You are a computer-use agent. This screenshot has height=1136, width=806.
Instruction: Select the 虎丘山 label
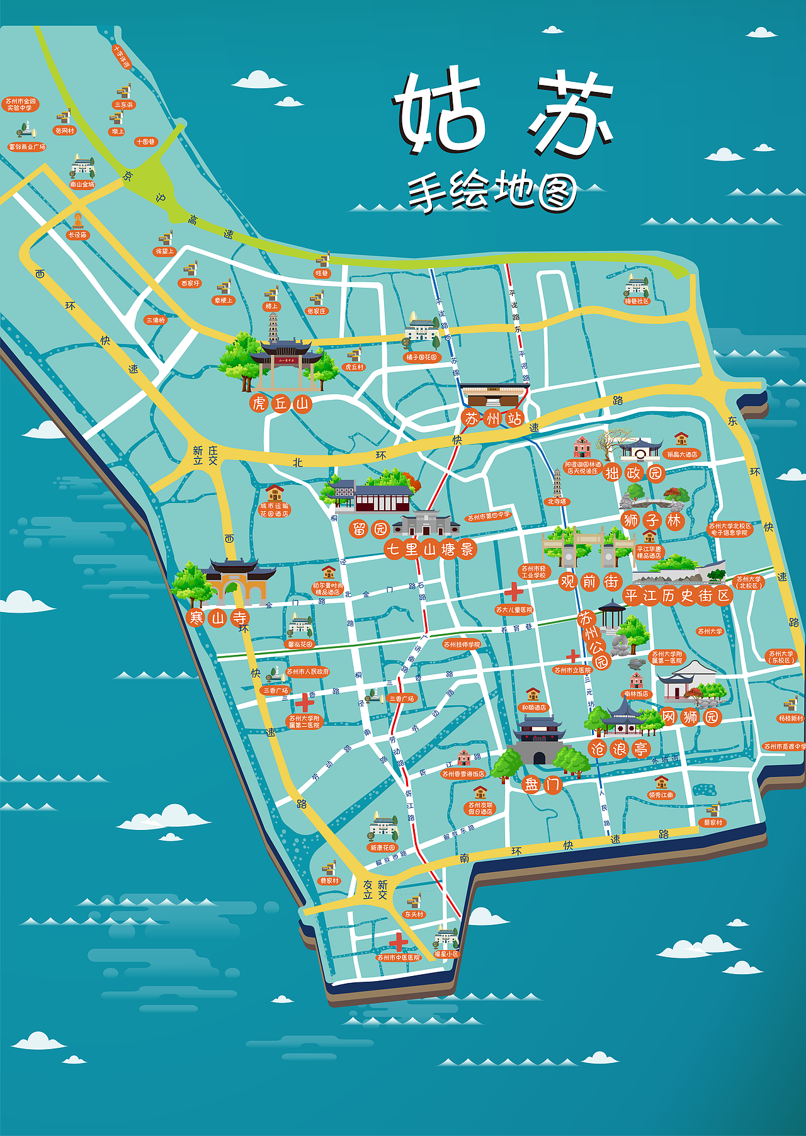pyautogui.click(x=280, y=403)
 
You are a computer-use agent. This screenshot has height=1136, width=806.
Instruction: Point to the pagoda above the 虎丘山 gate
pyautogui.click(x=273, y=327)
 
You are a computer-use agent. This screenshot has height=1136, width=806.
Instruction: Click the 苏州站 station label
pyautogui.click(x=493, y=418)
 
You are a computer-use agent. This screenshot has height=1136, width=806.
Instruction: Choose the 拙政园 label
pyautogui.click(x=633, y=472)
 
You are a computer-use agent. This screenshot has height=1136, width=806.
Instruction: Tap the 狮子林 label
pyautogui.click(x=652, y=520)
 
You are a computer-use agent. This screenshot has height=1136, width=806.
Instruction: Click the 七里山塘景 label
pyautogui.click(x=430, y=549)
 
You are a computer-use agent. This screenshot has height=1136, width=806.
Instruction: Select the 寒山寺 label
pyautogui.click(x=218, y=618)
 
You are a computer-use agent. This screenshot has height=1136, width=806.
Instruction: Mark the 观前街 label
pyautogui.click(x=589, y=581)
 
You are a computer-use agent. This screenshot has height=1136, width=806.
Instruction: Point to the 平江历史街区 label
pyautogui.click(x=678, y=595)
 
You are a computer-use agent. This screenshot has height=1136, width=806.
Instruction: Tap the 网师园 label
pyautogui.click(x=690, y=717)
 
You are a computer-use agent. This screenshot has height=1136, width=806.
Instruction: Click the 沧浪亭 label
pyautogui.click(x=619, y=749)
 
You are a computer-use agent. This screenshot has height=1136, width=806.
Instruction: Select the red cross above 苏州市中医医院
pyautogui.click(x=398, y=942)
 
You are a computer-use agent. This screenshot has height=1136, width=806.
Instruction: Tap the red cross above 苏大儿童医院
pyautogui.click(x=513, y=592)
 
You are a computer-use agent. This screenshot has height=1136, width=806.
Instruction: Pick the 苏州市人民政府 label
pyautogui.click(x=308, y=672)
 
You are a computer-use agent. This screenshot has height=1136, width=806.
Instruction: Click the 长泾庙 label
pyautogui.click(x=77, y=235)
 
